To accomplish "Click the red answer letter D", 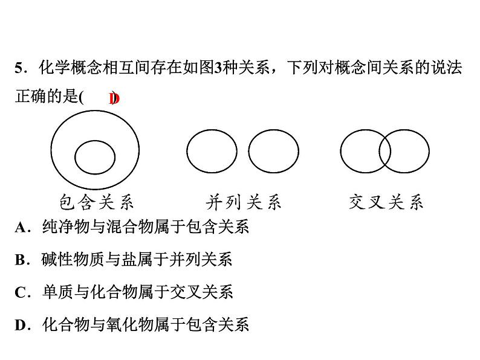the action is pos(114,98).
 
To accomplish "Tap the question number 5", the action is pos(19,68).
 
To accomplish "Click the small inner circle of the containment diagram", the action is pos(95,157).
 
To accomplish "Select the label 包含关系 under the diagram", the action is pos(97,201).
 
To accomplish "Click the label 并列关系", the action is pos(244,201).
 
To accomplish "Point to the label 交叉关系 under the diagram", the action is pos(386,201).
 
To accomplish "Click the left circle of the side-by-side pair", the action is pos(212,151).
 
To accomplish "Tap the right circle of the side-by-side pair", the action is pos(273,151).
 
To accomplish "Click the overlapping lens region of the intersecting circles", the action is pos(384,151).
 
